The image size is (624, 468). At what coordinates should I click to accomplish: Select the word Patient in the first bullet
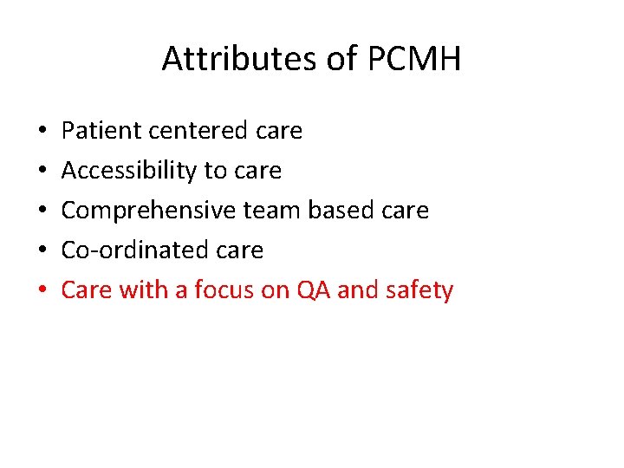(x=101, y=131)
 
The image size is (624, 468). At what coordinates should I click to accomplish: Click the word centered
(x=200, y=131)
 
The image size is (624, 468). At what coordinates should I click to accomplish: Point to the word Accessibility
(x=129, y=171)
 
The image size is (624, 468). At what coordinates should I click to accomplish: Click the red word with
(x=144, y=289)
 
